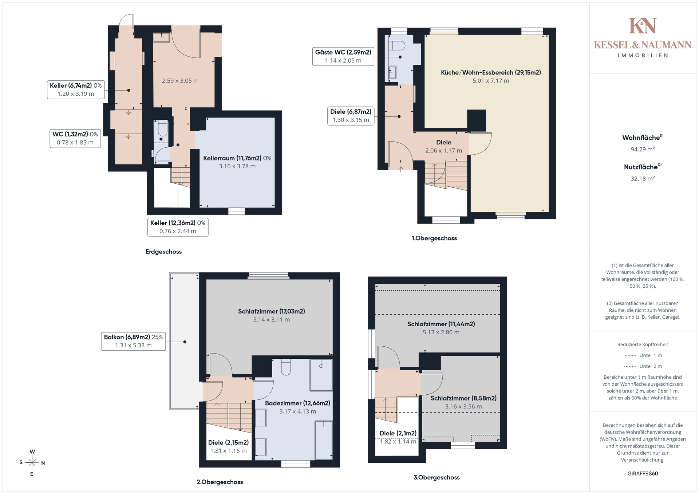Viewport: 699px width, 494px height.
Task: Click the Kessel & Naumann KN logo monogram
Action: (x=643, y=26)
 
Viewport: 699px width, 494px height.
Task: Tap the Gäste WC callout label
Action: (x=343, y=56)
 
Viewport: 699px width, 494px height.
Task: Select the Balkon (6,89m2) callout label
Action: (x=133, y=341)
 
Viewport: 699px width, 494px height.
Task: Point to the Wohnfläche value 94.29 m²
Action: (x=643, y=149)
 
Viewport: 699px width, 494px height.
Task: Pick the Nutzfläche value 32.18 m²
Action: (x=643, y=179)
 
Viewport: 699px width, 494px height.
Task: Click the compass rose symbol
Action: (x=32, y=463)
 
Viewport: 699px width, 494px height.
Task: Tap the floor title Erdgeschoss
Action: (x=163, y=252)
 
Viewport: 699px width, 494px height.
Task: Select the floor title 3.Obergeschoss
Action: (x=437, y=478)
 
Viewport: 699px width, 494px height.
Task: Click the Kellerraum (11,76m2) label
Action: (x=237, y=158)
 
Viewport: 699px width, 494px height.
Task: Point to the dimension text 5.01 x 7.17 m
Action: (x=491, y=81)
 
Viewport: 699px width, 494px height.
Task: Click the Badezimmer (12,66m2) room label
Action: (x=297, y=403)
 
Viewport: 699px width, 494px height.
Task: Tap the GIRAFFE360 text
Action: (x=643, y=474)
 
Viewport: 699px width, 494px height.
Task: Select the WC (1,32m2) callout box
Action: (x=75, y=138)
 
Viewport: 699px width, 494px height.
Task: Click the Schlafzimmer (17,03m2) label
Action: (x=272, y=311)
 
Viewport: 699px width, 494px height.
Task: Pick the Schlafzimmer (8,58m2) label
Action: (x=463, y=398)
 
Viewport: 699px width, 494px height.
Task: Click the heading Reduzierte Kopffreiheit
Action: (x=643, y=344)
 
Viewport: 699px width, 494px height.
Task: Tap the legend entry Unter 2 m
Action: (x=643, y=366)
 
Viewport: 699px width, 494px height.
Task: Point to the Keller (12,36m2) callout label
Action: (x=178, y=227)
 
